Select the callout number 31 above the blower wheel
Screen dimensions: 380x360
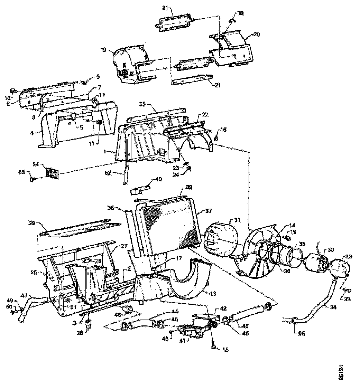coord(237,219)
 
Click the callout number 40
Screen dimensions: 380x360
coord(158,179)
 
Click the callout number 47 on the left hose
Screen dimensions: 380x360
coord(24,296)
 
